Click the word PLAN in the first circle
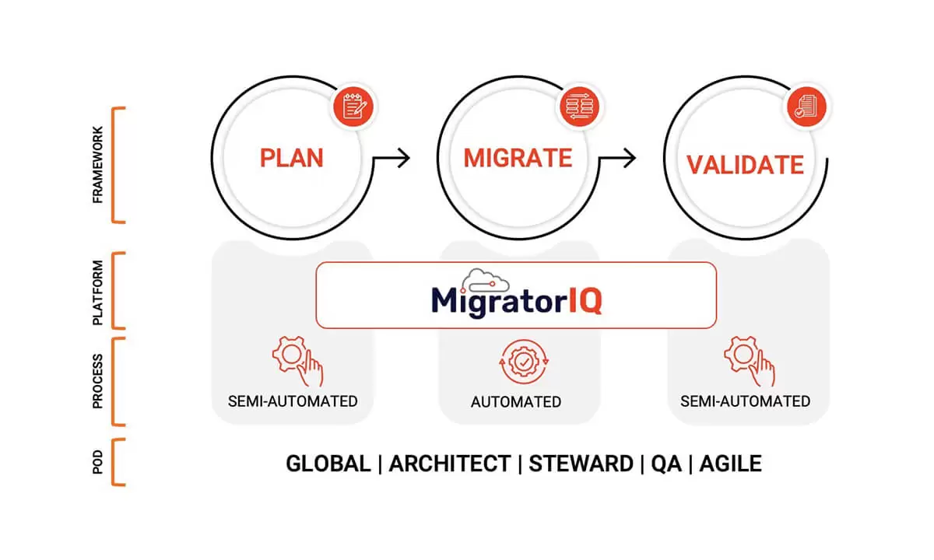pyautogui.click(x=291, y=158)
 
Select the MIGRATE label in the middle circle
pyautogui.click(x=518, y=158)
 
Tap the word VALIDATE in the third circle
pyautogui.click(x=746, y=165)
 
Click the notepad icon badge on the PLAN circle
pyautogui.click(x=353, y=107)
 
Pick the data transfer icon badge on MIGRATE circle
pyautogui.click(x=580, y=107)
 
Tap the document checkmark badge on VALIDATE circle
pyautogui.click(x=806, y=107)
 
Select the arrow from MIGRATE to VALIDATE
pyautogui.click(x=618, y=158)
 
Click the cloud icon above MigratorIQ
pyautogui.click(x=486, y=281)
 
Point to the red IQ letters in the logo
pyautogui.click(x=585, y=301)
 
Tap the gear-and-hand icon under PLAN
pyautogui.click(x=297, y=361)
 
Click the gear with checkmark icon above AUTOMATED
pyautogui.click(x=524, y=362)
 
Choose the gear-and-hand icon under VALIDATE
pyautogui.click(x=750, y=361)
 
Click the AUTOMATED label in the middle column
pyautogui.click(x=516, y=402)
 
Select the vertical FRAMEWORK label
pyautogui.click(x=97, y=165)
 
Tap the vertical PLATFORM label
pyautogui.click(x=97, y=292)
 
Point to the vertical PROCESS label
pyautogui.click(x=97, y=381)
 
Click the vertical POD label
pyautogui.click(x=97, y=462)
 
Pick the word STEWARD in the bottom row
pyautogui.click(x=581, y=464)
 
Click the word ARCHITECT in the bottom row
pyautogui.click(x=450, y=464)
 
